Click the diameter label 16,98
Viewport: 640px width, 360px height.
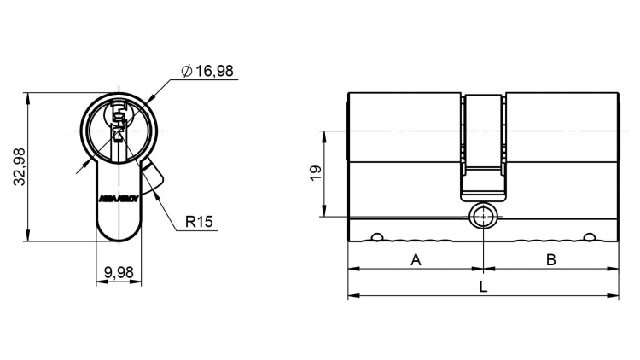point(214,71)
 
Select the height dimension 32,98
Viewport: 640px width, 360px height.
point(21,166)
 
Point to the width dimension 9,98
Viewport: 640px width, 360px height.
point(119,272)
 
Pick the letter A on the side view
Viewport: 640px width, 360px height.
point(416,259)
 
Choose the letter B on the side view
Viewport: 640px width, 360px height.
point(551,259)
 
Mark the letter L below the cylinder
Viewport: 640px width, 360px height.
point(483,287)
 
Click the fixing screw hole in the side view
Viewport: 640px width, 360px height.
point(484,217)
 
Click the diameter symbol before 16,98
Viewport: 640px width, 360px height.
point(186,72)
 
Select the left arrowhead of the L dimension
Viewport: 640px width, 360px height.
point(352,297)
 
